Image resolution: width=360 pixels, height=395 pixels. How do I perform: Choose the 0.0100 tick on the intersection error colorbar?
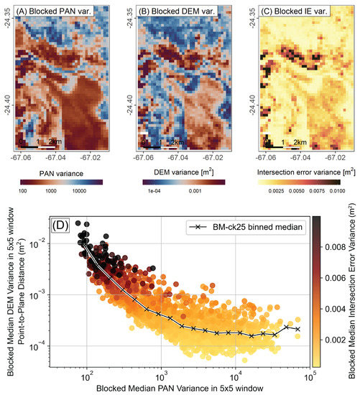(x=339, y=191)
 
